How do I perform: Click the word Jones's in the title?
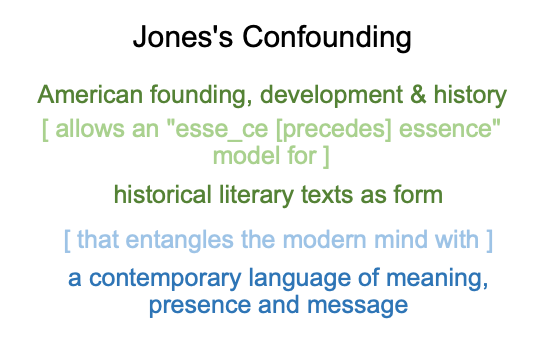[183, 37]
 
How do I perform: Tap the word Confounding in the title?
[327, 38]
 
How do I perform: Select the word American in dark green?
[90, 94]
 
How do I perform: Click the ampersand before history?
[418, 94]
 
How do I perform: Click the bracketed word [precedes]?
[334, 129]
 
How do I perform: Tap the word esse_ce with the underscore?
[222, 130]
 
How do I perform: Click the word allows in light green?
[90, 128]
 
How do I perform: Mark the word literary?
[256, 195]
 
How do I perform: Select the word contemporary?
[165, 278]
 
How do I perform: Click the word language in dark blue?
[300, 278]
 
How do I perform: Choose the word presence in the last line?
[200, 306]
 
